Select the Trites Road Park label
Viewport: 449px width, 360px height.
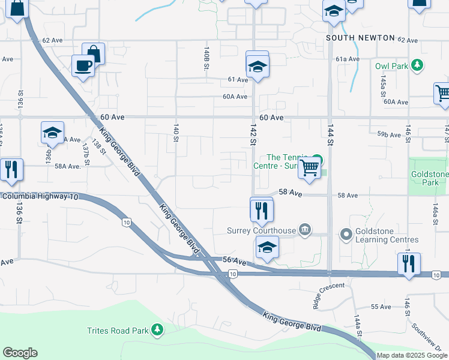pos(117,331)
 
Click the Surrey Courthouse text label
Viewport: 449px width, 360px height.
pos(261,230)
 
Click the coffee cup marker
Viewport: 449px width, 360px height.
pos(83,65)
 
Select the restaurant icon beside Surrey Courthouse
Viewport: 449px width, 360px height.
pos(261,210)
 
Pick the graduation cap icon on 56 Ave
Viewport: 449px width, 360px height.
pos(267,247)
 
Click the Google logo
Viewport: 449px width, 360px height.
pos(20,353)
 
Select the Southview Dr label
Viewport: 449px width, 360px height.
pos(430,338)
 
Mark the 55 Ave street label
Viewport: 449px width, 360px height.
pos(381,307)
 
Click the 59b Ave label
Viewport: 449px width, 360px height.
pos(389,135)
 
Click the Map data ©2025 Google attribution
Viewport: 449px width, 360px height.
pos(412,355)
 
